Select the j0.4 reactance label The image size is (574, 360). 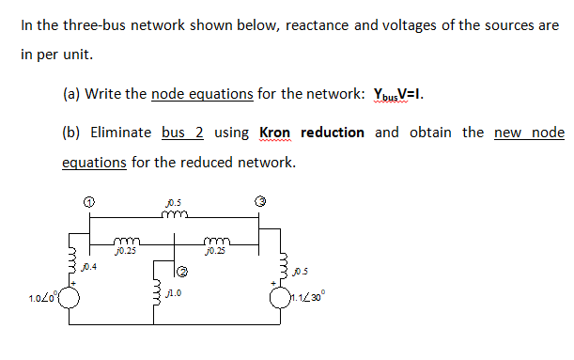click(x=89, y=268)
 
